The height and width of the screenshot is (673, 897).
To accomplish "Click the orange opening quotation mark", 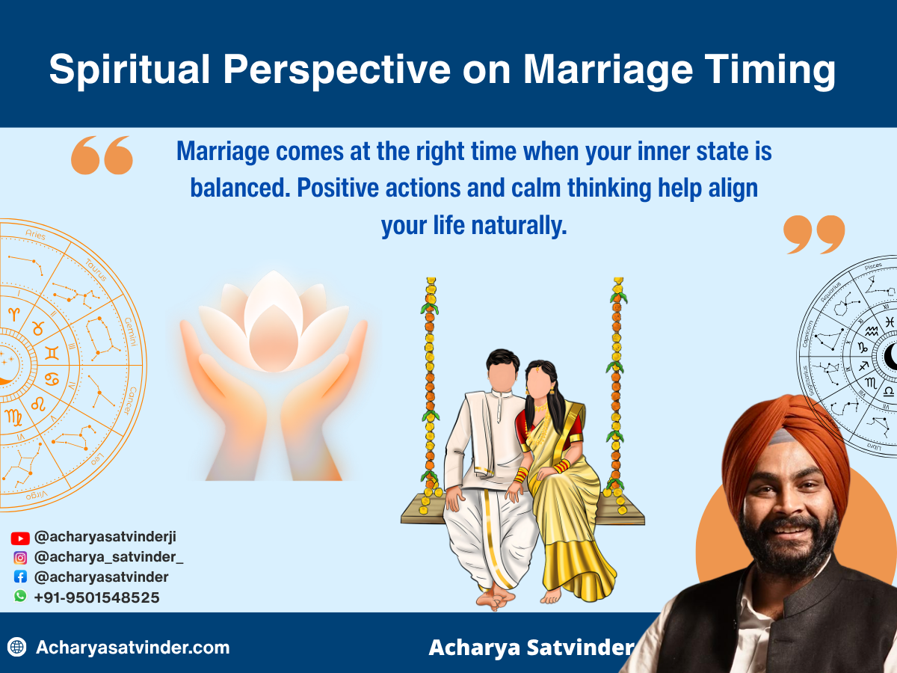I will (x=102, y=155).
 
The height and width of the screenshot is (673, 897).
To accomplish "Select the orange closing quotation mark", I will (x=813, y=235).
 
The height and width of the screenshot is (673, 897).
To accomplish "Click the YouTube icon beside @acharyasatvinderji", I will (x=20, y=538).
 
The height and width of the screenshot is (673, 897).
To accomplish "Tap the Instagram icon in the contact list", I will (x=20, y=557).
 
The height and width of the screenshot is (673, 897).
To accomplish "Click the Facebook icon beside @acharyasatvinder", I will (x=20, y=577).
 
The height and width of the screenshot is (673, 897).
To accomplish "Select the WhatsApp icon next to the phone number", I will (x=20, y=597).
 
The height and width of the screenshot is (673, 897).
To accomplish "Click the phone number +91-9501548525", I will (x=96, y=597).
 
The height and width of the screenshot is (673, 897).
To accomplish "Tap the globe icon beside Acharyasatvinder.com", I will (x=17, y=648).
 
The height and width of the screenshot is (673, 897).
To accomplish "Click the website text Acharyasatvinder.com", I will (x=132, y=648).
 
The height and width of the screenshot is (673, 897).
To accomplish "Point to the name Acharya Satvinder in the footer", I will (x=530, y=648).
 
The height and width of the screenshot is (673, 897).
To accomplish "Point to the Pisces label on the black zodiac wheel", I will (x=872, y=266).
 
